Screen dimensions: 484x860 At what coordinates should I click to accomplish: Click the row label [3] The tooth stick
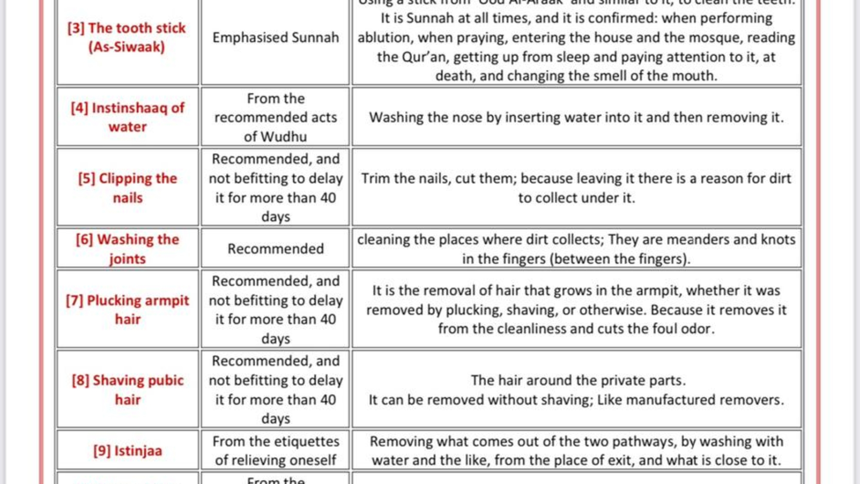pyautogui.click(x=127, y=37)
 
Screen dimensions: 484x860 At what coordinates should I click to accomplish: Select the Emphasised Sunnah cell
pyautogui.click(x=276, y=38)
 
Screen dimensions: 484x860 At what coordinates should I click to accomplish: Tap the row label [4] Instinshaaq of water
pyautogui.click(x=127, y=117)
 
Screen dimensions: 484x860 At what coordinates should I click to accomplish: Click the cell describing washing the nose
pyautogui.click(x=576, y=117)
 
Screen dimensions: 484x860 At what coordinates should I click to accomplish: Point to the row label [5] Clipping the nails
pyautogui.click(x=127, y=188)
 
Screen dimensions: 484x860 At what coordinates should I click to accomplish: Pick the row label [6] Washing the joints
pyautogui.click(x=127, y=249)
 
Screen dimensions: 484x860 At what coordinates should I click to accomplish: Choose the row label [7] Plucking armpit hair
pyautogui.click(x=127, y=309)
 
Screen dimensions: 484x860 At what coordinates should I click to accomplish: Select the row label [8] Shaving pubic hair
pyautogui.click(x=127, y=390)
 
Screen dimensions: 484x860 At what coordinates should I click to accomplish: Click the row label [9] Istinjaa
pyautogui.click(x=127, y=451)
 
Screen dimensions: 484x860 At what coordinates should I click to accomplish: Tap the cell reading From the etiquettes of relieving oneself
pyautogui.click(x=276, y=451)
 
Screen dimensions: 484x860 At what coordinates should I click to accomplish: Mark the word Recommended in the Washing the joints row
pyautogui.click(x=276, y=249)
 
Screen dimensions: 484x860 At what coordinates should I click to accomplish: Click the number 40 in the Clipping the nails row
pyautogui.click(x=328, y=198)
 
